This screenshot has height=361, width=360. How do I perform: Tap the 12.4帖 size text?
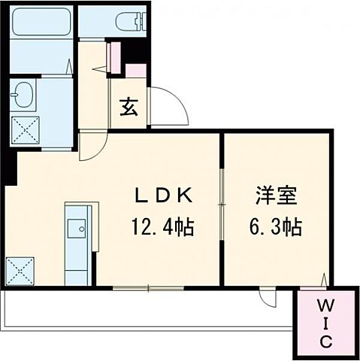pos(164,226)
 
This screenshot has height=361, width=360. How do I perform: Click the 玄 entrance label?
pos(129,108)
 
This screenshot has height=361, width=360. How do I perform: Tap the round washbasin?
pos(23,96)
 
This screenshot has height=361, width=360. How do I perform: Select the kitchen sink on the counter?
pos(77,226)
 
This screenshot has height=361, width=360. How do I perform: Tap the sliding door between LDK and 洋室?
pos(222,192)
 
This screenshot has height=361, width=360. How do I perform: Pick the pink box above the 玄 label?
pos(136,72)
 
